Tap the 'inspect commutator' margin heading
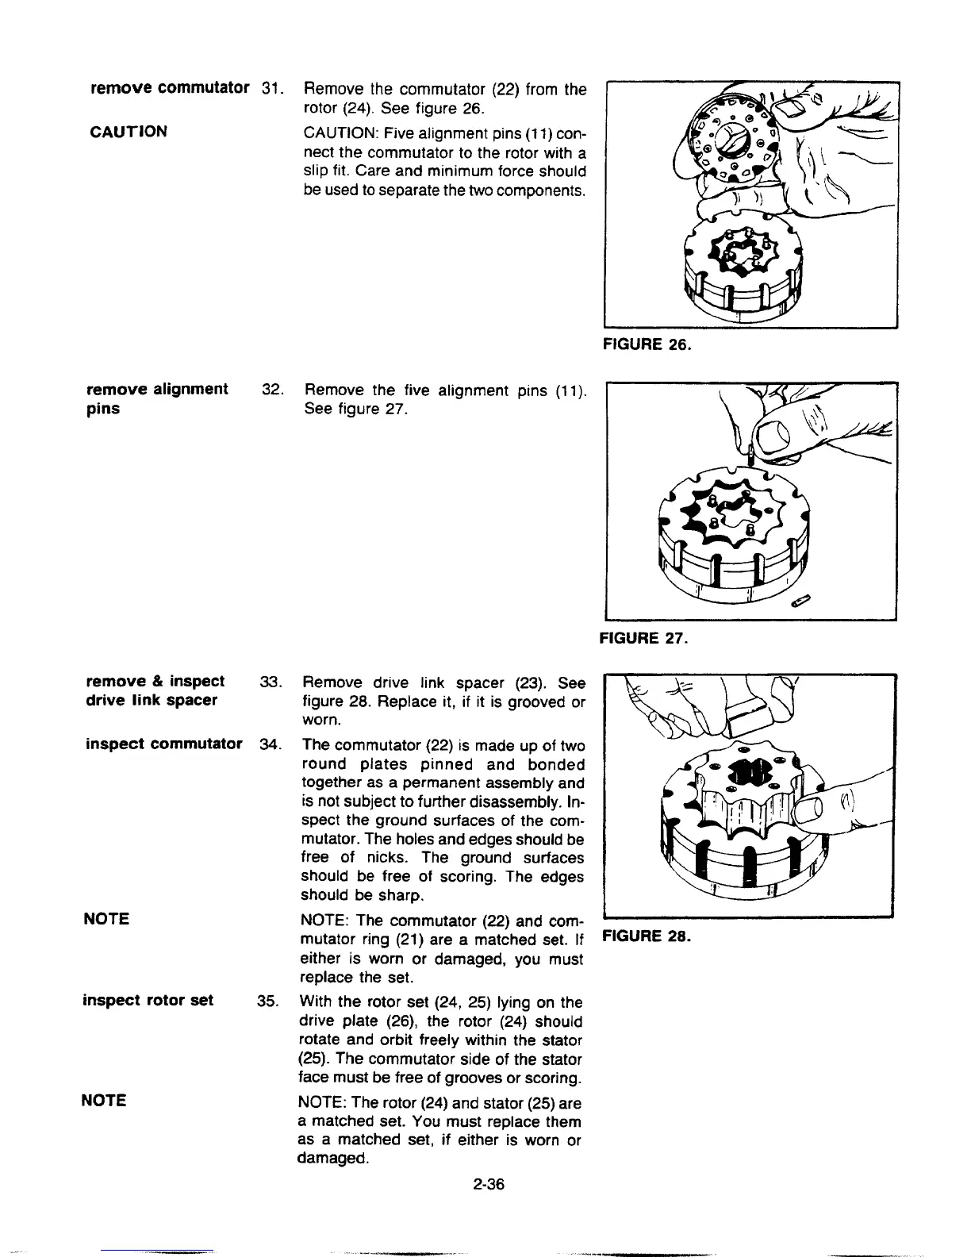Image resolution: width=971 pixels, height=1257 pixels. tap(163, 744)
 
